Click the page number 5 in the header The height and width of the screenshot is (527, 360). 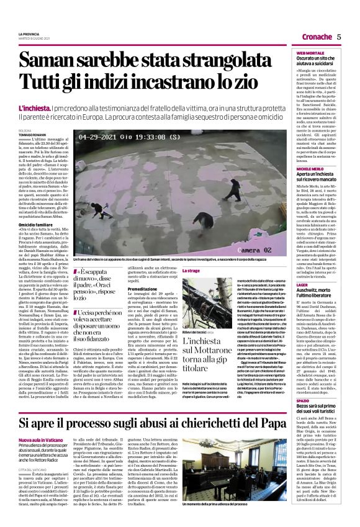339,37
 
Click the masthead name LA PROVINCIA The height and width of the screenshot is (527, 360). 29,33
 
